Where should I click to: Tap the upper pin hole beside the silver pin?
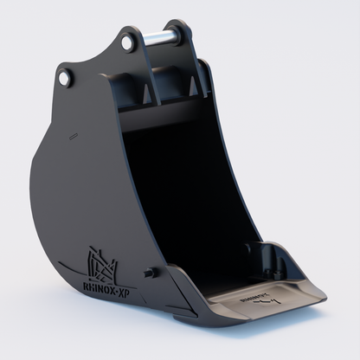[128, 42]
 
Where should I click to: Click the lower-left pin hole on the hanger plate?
[65, 79]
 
